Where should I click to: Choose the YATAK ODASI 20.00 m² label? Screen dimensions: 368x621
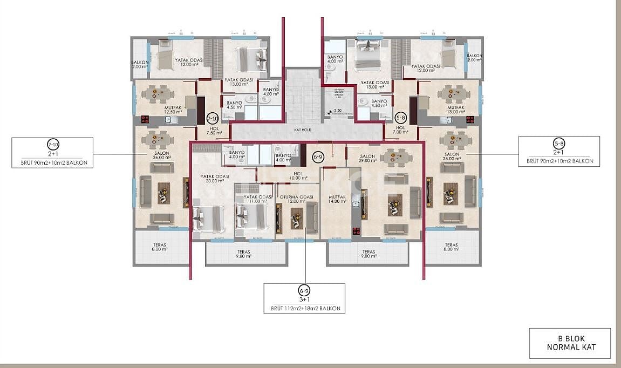coord(215,179)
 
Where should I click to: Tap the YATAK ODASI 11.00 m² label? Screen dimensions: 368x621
coord(257,200)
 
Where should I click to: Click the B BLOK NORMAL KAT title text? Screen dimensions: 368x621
coord(570,343)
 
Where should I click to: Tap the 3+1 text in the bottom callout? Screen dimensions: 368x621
coord(305,299)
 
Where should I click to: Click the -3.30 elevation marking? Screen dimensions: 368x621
coord(336,111)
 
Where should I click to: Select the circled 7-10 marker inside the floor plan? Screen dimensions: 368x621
coord(212,118)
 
